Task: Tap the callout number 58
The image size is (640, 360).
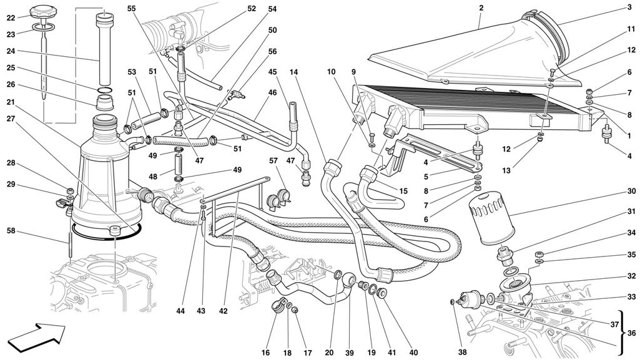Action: [11, 231]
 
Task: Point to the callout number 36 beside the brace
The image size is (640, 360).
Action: [631, 333]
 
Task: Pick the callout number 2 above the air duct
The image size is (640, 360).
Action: [481, 7]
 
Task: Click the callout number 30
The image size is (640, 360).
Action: [631, 192]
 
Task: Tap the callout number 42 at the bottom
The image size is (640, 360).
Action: [223, 311]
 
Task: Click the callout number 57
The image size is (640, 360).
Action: [273, 160]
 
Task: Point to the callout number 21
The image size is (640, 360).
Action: [11, 102]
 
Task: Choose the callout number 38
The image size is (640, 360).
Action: [462, 353]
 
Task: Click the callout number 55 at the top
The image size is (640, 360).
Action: [131, 7]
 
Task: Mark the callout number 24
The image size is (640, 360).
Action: [11, 51]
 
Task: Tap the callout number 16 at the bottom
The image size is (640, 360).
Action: [265, 353]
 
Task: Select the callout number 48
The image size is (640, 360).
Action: [152, 177]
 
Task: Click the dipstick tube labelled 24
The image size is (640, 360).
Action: [104, 49]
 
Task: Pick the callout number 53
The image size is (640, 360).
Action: [131, 72]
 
